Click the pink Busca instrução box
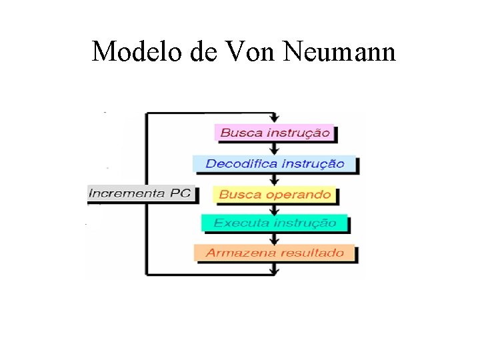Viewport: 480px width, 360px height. click(x=274, y=132)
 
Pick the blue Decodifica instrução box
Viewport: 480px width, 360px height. click(x=274, y=163)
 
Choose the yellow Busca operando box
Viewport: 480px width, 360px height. click(x=274, y=195)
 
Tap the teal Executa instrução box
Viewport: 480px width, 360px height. click(x=274, y=223)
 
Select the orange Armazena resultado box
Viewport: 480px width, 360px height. click(x=274, y=253)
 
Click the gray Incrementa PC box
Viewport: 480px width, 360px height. click(x=140, y=193)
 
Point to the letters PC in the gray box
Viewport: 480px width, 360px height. click(x=179, y=193)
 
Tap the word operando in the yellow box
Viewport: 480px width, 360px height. click(x=302, y=195)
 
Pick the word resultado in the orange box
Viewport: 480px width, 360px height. click(x=312, y=253)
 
